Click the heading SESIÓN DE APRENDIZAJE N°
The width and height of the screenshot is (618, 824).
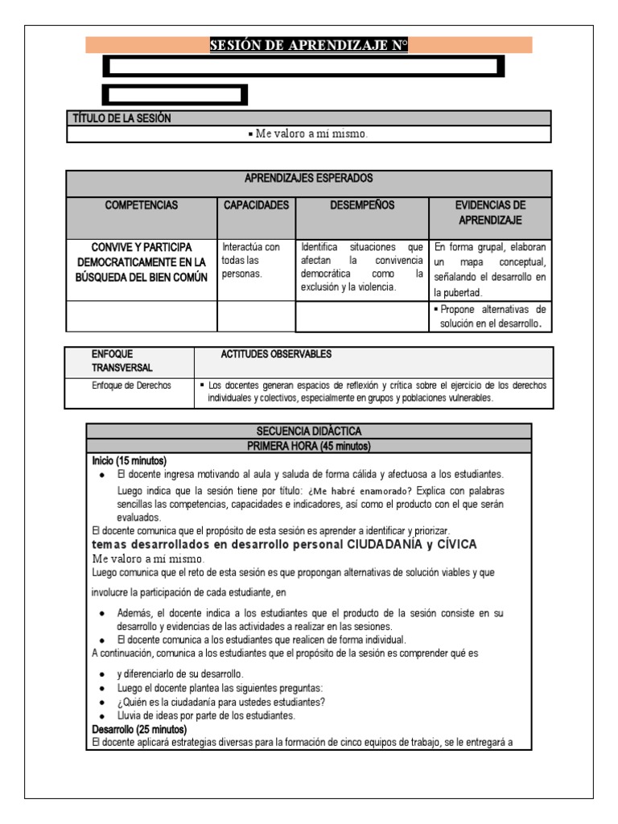pos(308,46)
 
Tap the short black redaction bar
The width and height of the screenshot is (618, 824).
pos(175,95)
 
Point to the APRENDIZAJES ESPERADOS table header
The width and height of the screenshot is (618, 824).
pos(308,178)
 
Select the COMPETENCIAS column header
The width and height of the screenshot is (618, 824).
pos(141,205)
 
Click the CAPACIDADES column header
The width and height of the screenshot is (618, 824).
pos(256,205)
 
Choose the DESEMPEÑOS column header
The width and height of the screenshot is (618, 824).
pos(362,205)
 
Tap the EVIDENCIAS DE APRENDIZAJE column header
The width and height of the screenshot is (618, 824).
pos(490,212)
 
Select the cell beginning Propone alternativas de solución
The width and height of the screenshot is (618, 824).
pos(490,316)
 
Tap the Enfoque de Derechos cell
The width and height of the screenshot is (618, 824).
pos(131,385)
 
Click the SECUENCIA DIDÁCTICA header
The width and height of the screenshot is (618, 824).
pos(308,431)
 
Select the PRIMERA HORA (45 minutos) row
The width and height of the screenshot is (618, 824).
pos(308,446)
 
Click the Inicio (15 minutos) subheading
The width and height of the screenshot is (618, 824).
pos(130,460)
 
